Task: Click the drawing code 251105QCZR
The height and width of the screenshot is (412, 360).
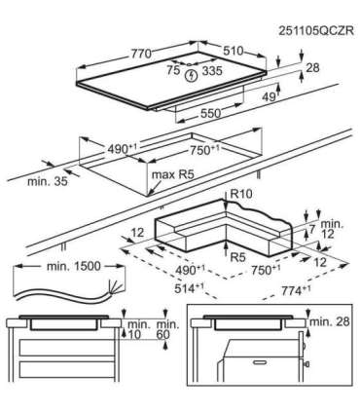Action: [315, 31]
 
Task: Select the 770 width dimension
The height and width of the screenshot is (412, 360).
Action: [141, 53]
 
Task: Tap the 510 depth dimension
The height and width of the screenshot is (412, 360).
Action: [233, 51]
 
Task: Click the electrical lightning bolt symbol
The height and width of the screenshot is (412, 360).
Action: [192, 76]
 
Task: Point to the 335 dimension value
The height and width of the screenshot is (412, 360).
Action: [212, 70]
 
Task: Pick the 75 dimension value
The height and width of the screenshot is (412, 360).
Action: [173, 70]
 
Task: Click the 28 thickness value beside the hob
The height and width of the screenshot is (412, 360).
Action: [312, 67]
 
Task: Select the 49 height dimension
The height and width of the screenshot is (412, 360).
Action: [270, 96]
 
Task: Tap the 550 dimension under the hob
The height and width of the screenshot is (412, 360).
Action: [210, 113]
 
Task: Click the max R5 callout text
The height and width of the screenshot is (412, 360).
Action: [172, 174]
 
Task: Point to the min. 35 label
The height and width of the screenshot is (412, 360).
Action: [48, 181]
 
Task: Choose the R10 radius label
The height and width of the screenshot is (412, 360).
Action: [241, 194]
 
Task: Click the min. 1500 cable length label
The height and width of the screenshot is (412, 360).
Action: [74, 267]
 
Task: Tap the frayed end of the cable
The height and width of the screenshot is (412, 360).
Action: [117, 288]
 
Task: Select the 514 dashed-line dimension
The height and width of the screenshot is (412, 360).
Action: [189, 288]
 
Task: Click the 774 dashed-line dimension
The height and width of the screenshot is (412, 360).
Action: [296, 290]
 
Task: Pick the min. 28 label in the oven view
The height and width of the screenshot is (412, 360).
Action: [330, 321]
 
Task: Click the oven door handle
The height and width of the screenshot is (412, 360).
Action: [261, 362]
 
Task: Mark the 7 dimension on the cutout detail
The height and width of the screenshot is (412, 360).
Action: [312, 229]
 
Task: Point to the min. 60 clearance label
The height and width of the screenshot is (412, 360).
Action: [167, 329]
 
